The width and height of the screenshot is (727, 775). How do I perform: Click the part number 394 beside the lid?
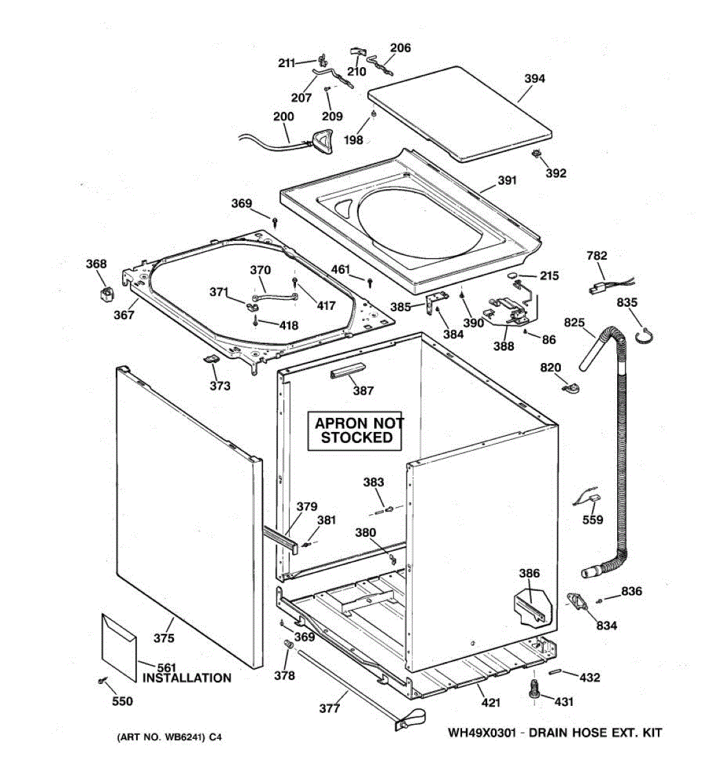(534, 79)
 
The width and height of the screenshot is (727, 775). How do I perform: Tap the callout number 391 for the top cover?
(507, 181)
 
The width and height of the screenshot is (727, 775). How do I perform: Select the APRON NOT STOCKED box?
(357, 431)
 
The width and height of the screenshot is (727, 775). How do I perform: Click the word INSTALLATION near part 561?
(187, 678)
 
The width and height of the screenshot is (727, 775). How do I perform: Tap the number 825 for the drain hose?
(574, 322)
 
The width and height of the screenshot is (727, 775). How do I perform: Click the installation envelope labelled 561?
(119, 646)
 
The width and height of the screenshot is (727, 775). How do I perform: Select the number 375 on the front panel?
(163, 638)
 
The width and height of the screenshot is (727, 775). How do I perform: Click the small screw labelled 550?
(101, 680)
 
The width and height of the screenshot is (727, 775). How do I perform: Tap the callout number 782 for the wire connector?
(596, 256)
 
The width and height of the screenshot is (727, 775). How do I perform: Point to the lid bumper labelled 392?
(536, 154)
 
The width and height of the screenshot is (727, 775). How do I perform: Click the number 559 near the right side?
(593, 520)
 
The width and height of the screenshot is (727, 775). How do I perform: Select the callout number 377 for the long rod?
(329, 708)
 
